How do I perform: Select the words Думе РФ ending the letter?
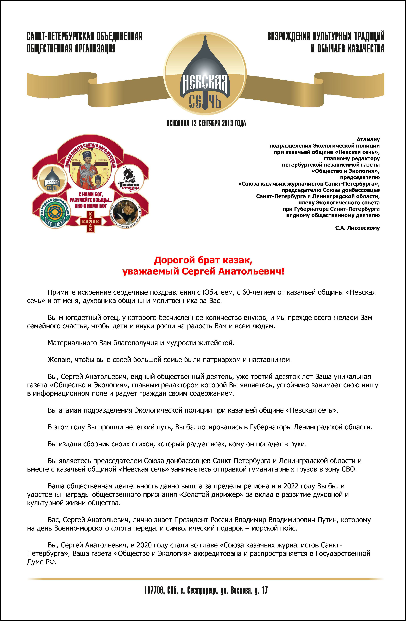tap(42, 562)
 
